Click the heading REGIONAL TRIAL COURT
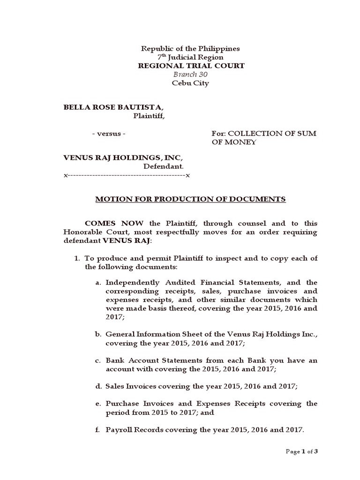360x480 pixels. tap(191, 66)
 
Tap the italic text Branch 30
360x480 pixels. tap(191, 75)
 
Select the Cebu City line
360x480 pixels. tap(191, 83)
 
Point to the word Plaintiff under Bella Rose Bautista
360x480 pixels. tap(149, 116)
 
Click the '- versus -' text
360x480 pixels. tap(108, 134)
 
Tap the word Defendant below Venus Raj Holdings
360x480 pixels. tap(163, 166)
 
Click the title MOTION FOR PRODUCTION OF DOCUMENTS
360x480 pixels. tap(190, 199)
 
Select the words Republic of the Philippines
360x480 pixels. tap(191, 48)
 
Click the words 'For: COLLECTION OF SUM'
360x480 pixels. tap(264, 134)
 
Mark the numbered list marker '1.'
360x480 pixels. tap(79, 259)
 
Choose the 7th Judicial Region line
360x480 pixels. tap(191, 57)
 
